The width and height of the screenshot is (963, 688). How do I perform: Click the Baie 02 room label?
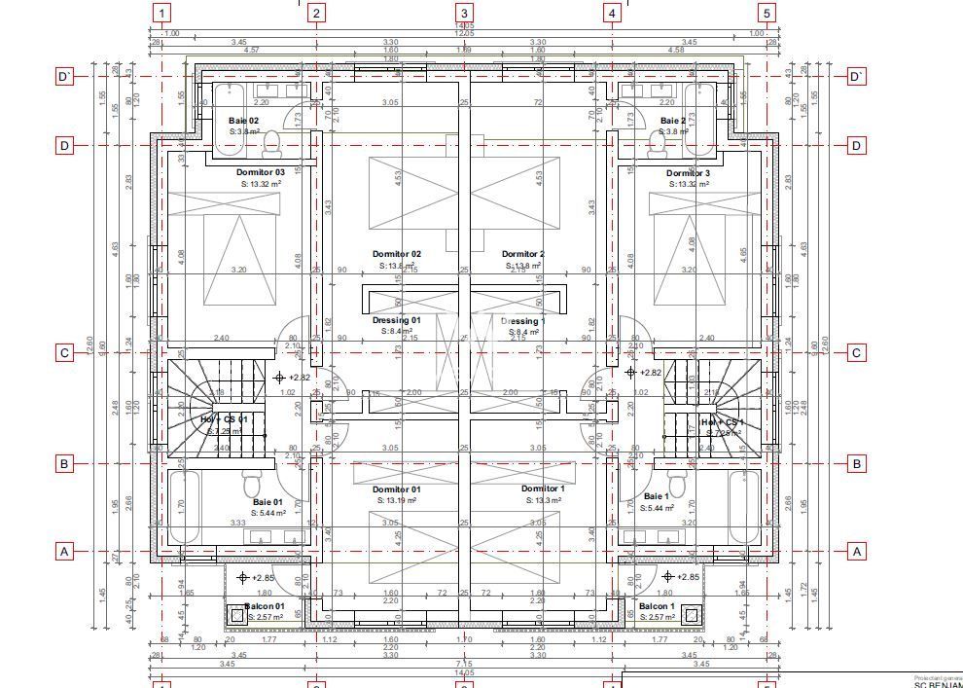click(x=243, y=121)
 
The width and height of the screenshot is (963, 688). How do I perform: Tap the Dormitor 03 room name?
click(x=261, y=172)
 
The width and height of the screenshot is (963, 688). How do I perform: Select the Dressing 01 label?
click(x=396, y=320)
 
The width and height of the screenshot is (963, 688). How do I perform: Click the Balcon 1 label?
click(x=657, y=606)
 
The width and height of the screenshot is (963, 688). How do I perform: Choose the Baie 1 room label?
click(x=656, y=496)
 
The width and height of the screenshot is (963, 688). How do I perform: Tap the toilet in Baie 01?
click(x=252, y=484)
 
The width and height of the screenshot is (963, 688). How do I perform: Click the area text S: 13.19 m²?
click(x=396, y=500)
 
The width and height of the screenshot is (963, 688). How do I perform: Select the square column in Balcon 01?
click(x=235, y=615)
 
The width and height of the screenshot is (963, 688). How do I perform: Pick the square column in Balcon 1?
click(x=691, y=615)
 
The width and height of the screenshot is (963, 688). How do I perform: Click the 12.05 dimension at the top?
click(x=464, y=33)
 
